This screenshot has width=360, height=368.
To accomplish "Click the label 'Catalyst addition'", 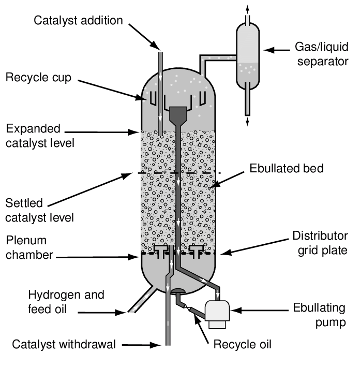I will coord(78,21).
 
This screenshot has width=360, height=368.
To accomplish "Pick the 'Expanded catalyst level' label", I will coord(41,135).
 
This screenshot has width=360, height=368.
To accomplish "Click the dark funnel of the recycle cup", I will coord(178,114).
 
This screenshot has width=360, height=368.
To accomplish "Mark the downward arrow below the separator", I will coord(247,120).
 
